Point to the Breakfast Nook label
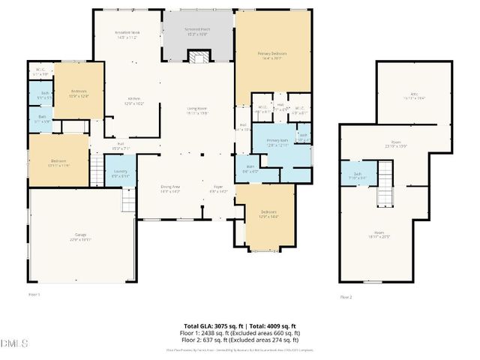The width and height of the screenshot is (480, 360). [x=127, y=34]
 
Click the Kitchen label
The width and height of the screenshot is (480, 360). [x=134, y=101]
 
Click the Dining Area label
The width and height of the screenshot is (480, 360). [x=170, y=188]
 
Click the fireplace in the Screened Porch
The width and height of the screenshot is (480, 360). [x=198, y=58]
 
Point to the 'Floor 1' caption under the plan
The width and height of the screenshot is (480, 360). [x=34, y=295]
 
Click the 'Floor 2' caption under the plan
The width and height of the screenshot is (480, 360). [x=346, y=297]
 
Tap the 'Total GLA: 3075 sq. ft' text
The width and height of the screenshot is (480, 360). [x=211, y=326]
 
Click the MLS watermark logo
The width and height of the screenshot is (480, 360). [x=14, y=344]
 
